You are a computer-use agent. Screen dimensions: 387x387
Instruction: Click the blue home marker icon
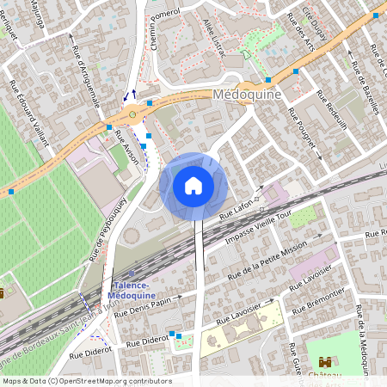tap(193, 185)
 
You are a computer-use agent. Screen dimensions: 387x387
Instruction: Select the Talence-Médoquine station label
tap(132, 290)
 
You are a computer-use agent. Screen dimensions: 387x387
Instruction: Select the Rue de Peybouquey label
tap(108, 228)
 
